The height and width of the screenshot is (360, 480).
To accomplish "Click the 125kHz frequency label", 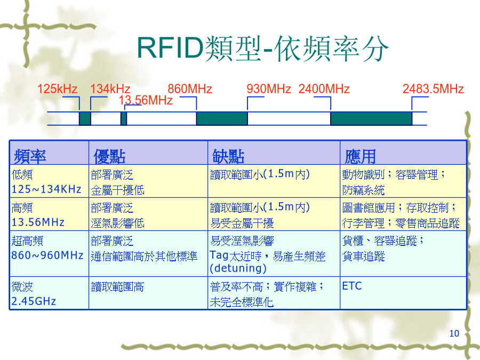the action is tap(57, 89).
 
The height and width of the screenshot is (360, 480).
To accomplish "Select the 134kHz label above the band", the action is tap(110, 89).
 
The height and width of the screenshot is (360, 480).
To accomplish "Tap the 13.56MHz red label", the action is tap(146, 100).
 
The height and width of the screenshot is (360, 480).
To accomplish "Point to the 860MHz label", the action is tap(190, 89).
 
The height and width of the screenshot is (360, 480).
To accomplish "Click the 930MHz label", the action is tap(269, 89).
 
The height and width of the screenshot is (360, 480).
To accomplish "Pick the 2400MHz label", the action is tap(324, 89).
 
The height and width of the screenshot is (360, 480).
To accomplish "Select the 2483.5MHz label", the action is tap(433, 89).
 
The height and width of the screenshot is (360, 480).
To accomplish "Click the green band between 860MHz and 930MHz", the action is tap(222, 118).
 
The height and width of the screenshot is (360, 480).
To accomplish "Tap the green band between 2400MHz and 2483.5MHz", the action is tap(371, 118).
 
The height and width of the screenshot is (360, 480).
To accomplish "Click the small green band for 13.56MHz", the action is tap(124, 118).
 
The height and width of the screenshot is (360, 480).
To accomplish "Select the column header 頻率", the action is tap(30, 156).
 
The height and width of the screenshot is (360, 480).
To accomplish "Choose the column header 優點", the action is tap(109, 156).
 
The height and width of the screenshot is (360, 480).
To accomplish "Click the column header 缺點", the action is tap(228, 156).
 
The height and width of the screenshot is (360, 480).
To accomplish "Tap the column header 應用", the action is tap(361, 156).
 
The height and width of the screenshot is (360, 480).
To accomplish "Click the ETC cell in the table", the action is tap(352, 286).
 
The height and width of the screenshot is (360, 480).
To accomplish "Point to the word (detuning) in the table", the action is tap(238, 268).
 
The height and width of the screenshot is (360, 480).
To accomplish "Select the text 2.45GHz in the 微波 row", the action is tap(34, 301).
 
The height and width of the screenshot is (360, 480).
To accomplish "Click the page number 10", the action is tap(454, 333).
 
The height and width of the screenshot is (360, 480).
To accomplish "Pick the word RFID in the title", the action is tap(171, 48).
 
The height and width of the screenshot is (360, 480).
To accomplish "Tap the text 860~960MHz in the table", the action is tap(47, 255).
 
